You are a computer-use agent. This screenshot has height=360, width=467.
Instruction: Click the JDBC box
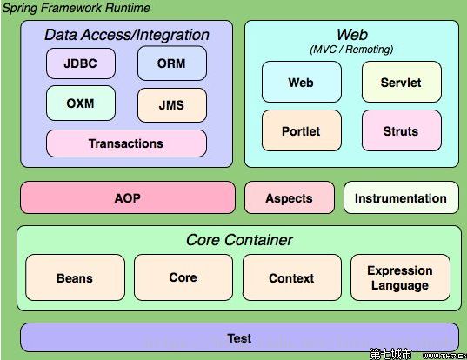point(81,63)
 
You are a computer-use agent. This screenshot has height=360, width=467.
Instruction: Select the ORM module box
point(172,63)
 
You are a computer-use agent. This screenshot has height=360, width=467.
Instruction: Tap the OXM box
point(81,103)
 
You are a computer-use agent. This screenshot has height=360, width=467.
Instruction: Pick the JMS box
point(172,105)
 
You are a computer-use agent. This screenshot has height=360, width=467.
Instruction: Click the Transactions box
point(126,143)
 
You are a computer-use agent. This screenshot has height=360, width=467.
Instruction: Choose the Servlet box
point(402,82)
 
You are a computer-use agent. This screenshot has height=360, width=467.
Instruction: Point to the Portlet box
point(302,130)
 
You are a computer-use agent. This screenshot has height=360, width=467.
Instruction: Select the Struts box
point(402,130)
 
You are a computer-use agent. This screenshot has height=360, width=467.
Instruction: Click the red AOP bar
point(128,197)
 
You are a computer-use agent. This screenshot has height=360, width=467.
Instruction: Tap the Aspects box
point(290,197)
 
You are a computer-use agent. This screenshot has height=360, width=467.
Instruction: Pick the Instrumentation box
point(401,197)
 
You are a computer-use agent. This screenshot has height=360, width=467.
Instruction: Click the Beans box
point(75,277)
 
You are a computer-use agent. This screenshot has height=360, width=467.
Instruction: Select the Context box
point(292,277)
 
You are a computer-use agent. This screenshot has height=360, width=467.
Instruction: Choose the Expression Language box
point(400,277)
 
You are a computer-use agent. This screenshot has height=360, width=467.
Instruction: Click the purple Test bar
point(239,337)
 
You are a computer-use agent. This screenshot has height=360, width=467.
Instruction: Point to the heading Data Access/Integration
point(127,35)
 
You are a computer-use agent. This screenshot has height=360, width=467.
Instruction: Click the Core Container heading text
point(239,240)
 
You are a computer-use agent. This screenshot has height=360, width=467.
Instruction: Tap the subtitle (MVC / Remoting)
point(351,50)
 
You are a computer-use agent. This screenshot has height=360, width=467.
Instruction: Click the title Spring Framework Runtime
point(76,8)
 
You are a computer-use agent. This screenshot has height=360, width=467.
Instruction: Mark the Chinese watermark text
point(390,354)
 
